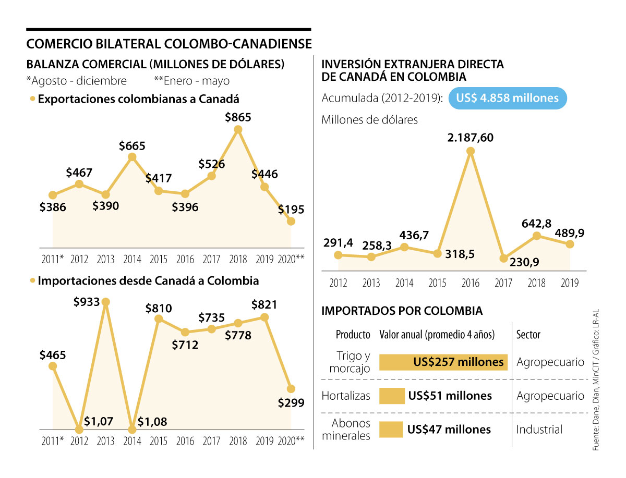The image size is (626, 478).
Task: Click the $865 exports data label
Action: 238,118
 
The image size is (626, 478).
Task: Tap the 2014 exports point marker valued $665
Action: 132,157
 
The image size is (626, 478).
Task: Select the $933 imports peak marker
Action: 106,302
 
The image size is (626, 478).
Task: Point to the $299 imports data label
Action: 291,402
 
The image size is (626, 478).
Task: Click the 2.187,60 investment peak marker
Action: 471,152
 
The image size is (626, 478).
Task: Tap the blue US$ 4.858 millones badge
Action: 507,98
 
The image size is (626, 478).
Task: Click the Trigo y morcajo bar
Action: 443,362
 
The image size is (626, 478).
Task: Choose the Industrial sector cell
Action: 539,430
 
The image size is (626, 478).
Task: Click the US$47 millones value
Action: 449,430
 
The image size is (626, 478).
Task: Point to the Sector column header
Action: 528,335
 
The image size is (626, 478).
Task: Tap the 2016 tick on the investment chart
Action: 471,283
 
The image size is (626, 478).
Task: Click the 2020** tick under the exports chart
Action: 292,259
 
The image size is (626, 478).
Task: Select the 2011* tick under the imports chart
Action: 53,441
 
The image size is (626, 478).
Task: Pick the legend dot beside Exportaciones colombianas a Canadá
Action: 33,99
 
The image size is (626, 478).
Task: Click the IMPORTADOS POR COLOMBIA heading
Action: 402,311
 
